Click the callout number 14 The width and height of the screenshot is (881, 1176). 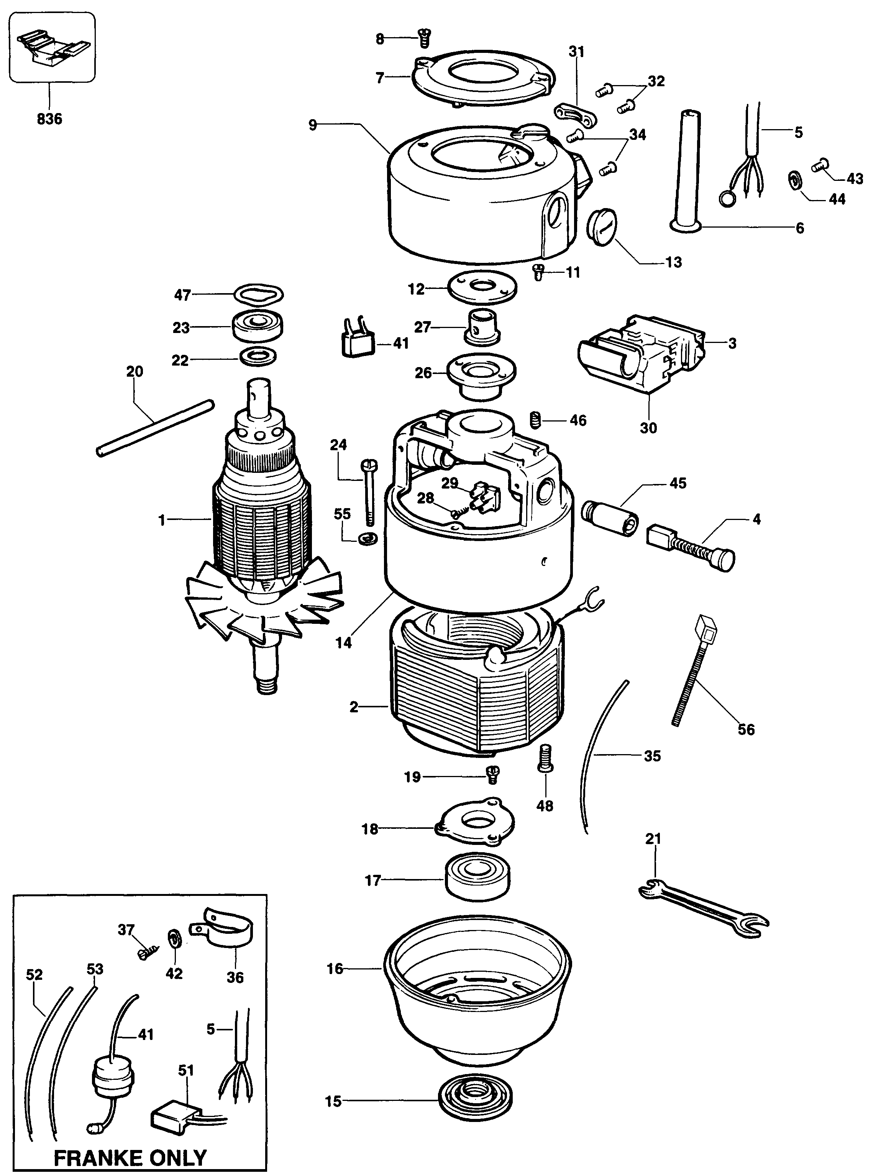pos(343,643)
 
